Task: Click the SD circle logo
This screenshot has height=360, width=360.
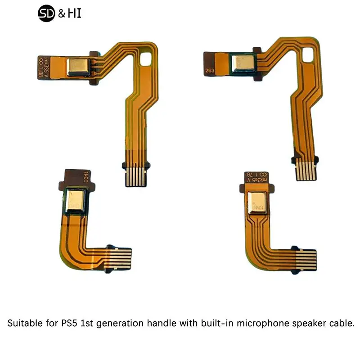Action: point(45,14)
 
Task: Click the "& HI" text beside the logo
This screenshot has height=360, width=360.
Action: point(69,14)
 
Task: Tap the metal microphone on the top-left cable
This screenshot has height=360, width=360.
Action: point(78,67)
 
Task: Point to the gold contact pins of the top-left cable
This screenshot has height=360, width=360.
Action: point(134,176)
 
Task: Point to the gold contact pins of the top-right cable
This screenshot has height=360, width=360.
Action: point(306,171)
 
